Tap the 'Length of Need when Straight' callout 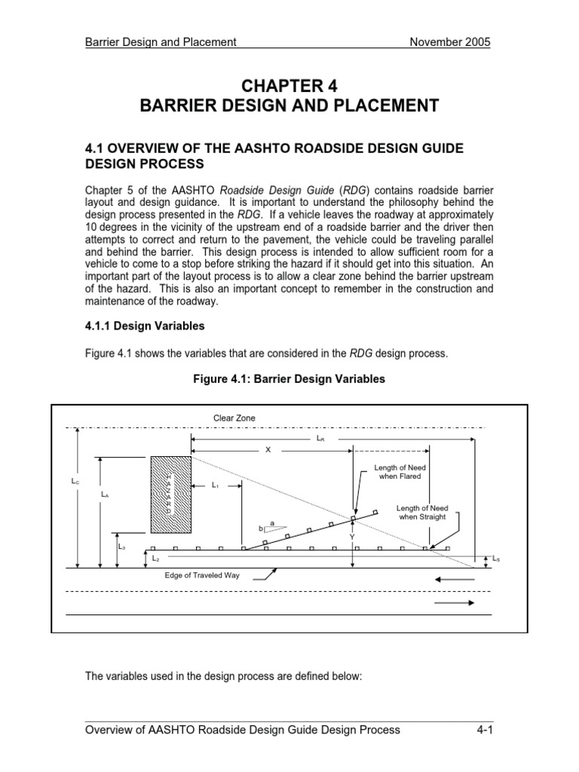point(421,513)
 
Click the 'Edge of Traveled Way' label point(206,575)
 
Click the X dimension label point(267,449)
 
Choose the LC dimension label point(75,480)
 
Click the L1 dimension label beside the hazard point(216,484)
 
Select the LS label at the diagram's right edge point(495,559)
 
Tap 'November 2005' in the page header point(449,42)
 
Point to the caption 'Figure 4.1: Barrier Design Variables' point(289,379)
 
